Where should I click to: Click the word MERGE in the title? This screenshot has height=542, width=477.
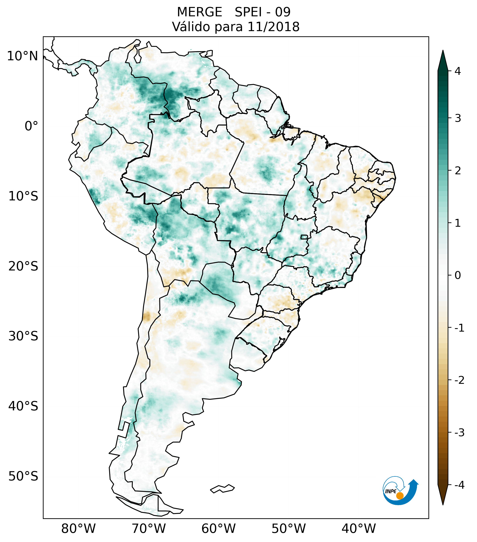point(199,12)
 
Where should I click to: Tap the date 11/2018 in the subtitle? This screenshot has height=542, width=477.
point(273,27)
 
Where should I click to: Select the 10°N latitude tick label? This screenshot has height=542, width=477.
point(23,56)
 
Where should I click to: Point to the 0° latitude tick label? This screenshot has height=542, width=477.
point(31,126)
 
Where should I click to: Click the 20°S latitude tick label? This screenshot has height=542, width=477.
point(23,266)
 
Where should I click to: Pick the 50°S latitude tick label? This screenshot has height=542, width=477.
point(23,477)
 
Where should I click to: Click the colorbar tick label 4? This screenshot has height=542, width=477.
point(458,71)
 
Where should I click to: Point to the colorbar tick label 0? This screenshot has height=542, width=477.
point(458,275)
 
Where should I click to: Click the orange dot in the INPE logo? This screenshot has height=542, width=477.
point(399,496)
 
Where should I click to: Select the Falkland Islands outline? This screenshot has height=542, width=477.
point(222,489)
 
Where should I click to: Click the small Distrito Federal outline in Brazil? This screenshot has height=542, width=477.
point(304,237)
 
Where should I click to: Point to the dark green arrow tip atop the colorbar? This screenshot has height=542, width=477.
point(443,60)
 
